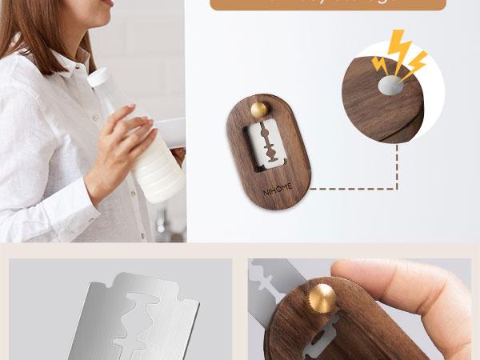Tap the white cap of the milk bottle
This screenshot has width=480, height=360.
(x=98, y=77)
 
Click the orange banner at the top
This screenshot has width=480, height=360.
(x=327, y=5)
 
